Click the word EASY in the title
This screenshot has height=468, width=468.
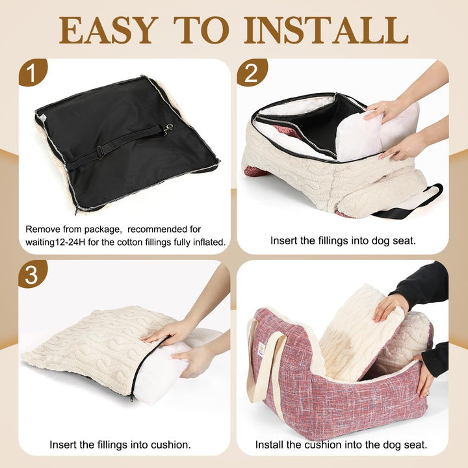pyautogui.click(x=109, y=30)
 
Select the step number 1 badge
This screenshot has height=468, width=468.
pyautogui.click(x=32, y=73)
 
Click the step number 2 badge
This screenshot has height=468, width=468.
pyautogui.click(x=252, y=73)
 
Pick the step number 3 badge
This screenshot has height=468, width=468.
pyautogui.click(x=32, y=274)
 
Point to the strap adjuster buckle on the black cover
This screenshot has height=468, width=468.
pyautogui.click(x=100, y=151)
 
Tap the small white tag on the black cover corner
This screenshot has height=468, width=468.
pyautogui.click(x=42, y=117)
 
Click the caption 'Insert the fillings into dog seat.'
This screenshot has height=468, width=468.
pyautogui.click(x=343, y=240)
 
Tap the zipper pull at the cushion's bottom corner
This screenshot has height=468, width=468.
pyautogui.click(x=131, y=398)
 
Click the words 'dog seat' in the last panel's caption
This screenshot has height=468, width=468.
pyautogui.click(x=406, y=445)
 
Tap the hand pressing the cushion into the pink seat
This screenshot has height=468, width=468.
pyautogui.click(x=390, y=307)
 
